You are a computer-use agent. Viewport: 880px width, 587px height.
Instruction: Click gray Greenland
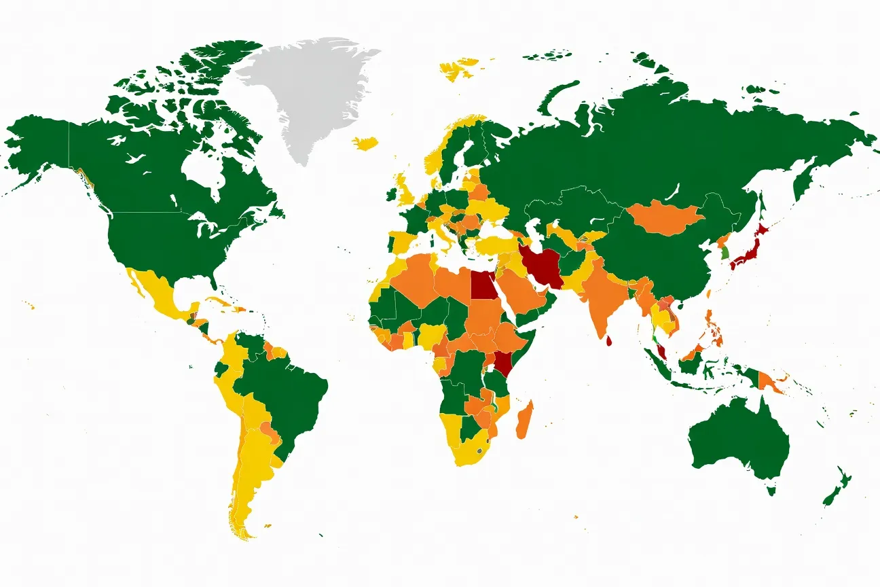point(306,95)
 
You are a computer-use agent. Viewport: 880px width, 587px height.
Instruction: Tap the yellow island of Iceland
point(365,143)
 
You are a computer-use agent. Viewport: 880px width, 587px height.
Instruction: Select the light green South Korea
point(724,253)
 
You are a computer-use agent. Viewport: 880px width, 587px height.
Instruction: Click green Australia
point(740,435)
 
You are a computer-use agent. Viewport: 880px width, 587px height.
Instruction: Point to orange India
point(601,299)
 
